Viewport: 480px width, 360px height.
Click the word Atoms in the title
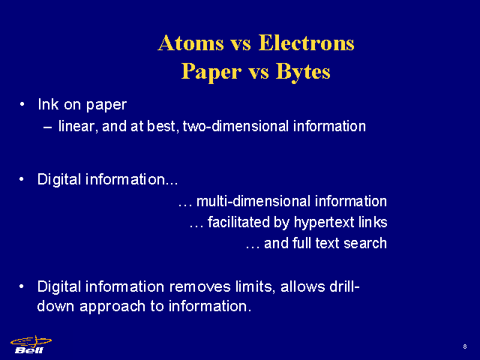coord(191,43)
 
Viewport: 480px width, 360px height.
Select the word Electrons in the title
coord(307,43)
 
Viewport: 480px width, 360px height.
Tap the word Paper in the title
coord(211,73)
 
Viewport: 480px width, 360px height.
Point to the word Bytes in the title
coord(303,73)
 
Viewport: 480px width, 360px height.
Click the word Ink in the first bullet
coord(48,104)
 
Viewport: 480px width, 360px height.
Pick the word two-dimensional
coord(235,126)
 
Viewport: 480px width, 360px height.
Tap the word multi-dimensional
coord(253,201)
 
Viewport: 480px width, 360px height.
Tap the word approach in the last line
coord(112,307)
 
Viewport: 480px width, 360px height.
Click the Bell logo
coord(31,345)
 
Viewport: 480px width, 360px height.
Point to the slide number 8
coord(465,346)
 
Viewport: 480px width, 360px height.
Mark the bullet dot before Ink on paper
coord(22,104)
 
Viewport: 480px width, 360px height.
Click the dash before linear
coord(47,127)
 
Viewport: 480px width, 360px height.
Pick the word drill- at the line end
coord(344,286)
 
